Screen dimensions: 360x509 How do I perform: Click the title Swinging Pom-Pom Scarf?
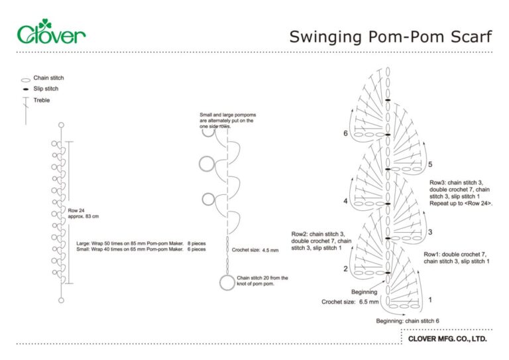point(390,36)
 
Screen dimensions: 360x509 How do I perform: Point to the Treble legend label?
point(42,100)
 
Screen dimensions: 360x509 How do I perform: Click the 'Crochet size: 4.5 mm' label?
point(255,250)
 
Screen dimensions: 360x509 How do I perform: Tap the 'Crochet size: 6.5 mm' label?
point(350,302)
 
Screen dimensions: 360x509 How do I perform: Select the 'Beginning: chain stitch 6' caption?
point(408,321)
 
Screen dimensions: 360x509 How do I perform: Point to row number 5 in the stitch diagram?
point(430,164)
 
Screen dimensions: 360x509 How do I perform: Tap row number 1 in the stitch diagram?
point(430,300)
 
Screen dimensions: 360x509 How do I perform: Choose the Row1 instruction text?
point(457,258)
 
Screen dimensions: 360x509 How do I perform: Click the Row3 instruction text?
point(464,193)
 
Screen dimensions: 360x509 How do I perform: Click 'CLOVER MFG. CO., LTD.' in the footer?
point(447,338)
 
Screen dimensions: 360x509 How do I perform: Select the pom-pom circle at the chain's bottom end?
point(227,283)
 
